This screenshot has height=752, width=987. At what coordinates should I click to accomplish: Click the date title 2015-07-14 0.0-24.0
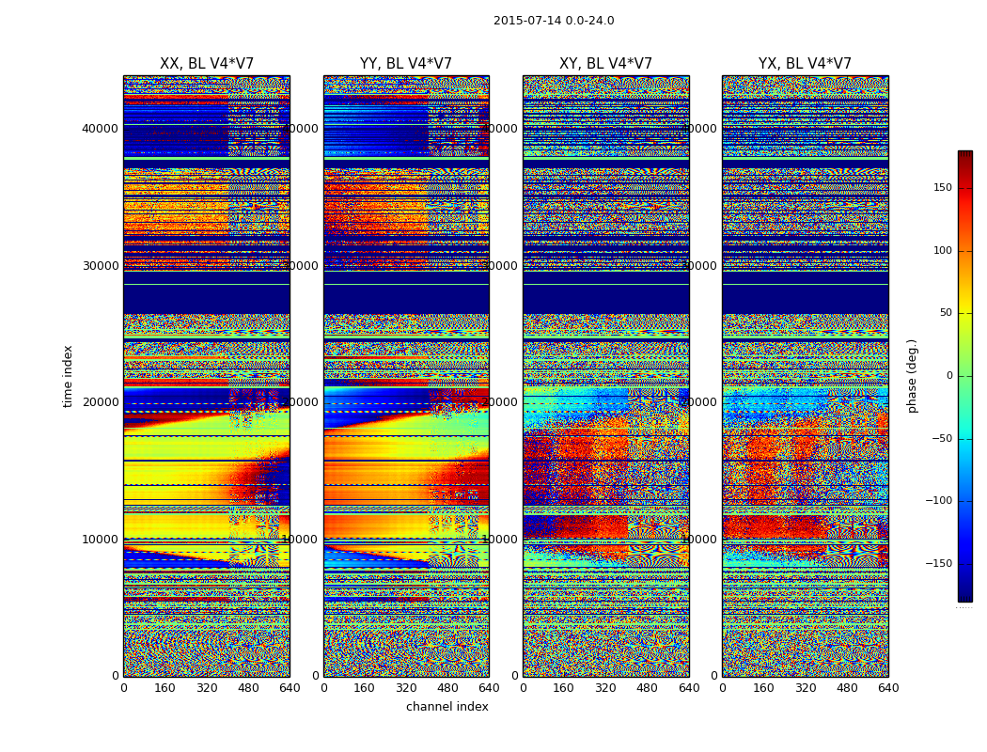554,21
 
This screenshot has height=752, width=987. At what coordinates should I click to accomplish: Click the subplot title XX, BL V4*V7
207,64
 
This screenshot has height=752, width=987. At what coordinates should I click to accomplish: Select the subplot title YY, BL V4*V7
406,64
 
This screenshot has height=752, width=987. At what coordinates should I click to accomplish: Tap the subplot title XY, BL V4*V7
605,64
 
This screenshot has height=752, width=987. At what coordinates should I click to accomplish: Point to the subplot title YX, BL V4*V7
805,64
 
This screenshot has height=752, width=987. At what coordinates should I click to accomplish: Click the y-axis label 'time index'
68,376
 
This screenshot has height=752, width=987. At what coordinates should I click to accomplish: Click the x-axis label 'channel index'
447,707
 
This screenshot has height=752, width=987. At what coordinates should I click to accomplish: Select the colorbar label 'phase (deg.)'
912,376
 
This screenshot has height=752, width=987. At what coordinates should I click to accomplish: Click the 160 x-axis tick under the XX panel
164,688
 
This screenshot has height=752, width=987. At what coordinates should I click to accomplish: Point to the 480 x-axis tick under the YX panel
847,688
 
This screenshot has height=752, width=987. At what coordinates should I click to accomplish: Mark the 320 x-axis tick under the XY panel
605,688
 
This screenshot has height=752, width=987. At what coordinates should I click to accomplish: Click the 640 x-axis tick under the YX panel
888,688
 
